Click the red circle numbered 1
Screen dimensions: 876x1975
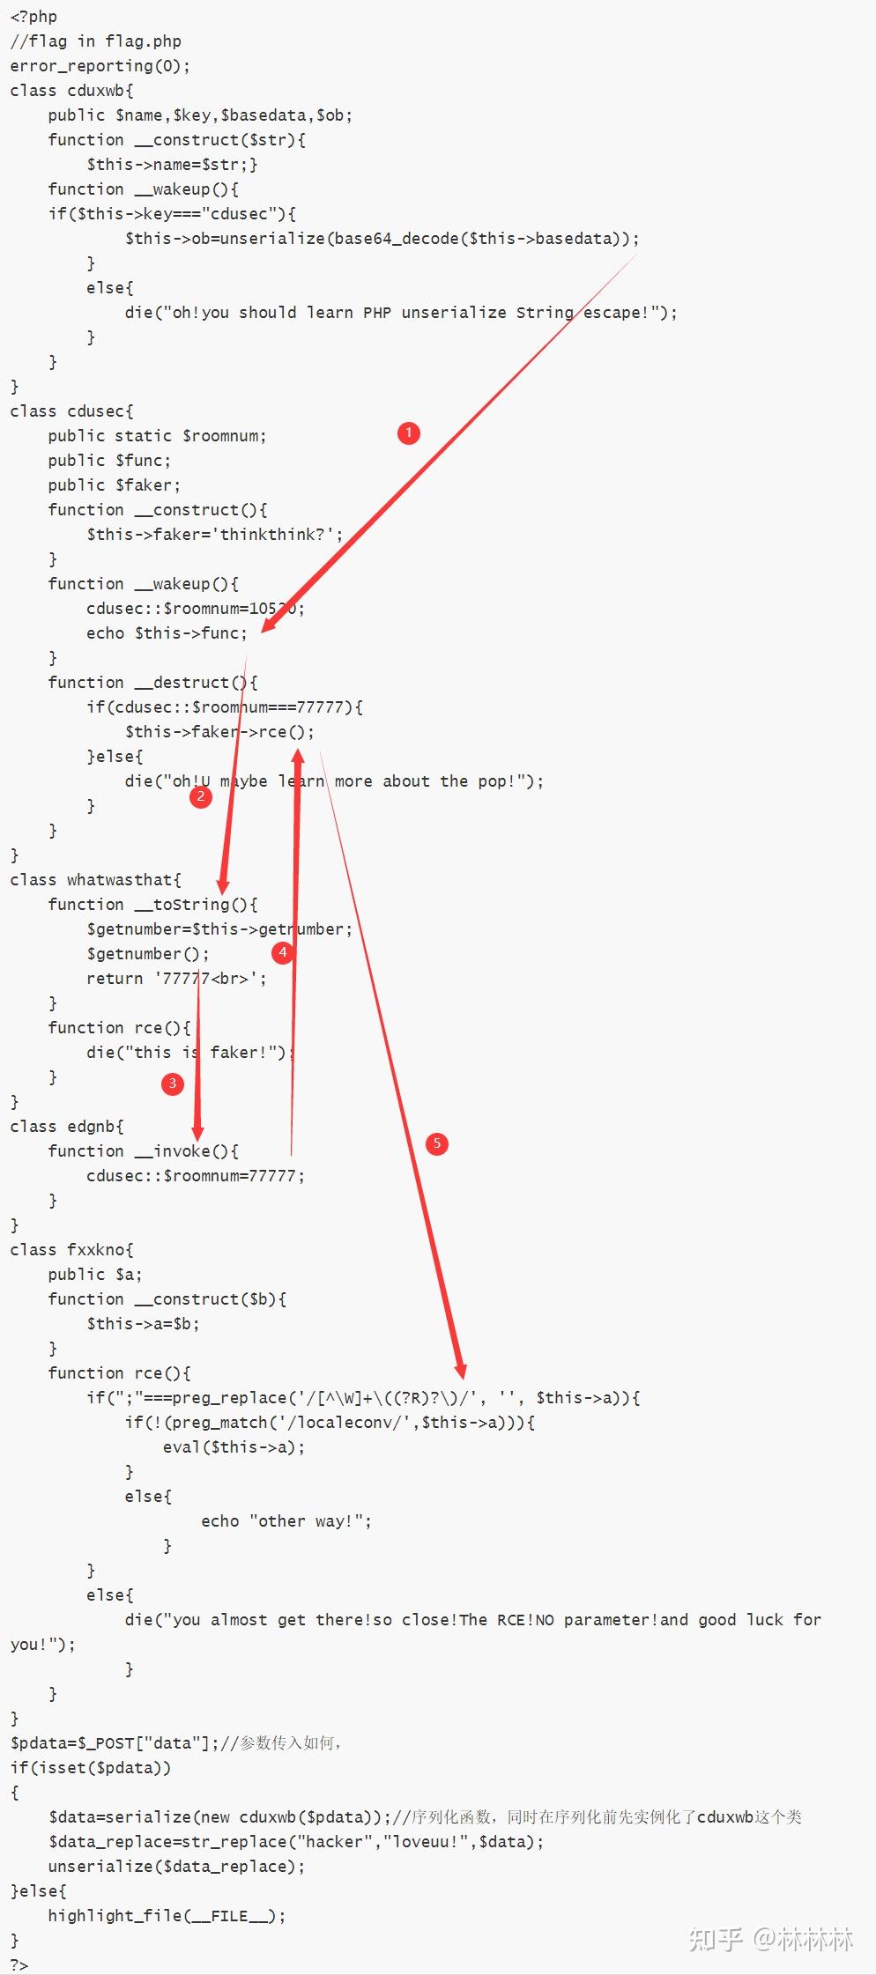click(408, 433)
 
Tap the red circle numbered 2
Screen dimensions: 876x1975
click(201, 797)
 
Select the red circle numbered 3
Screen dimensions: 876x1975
click(173, 1083)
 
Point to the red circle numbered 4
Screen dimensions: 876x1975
click(283, 952)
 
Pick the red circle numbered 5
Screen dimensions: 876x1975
click(436, 1143)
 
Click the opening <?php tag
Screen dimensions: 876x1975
click(33, 17)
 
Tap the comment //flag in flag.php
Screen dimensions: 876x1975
click(95, 41)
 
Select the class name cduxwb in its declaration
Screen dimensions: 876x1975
click(96, 91)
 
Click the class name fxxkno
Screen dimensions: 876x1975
click(96, 1250)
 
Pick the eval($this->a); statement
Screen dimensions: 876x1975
click(234, 1447)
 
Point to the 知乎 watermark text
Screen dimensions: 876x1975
click(715, 1939)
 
